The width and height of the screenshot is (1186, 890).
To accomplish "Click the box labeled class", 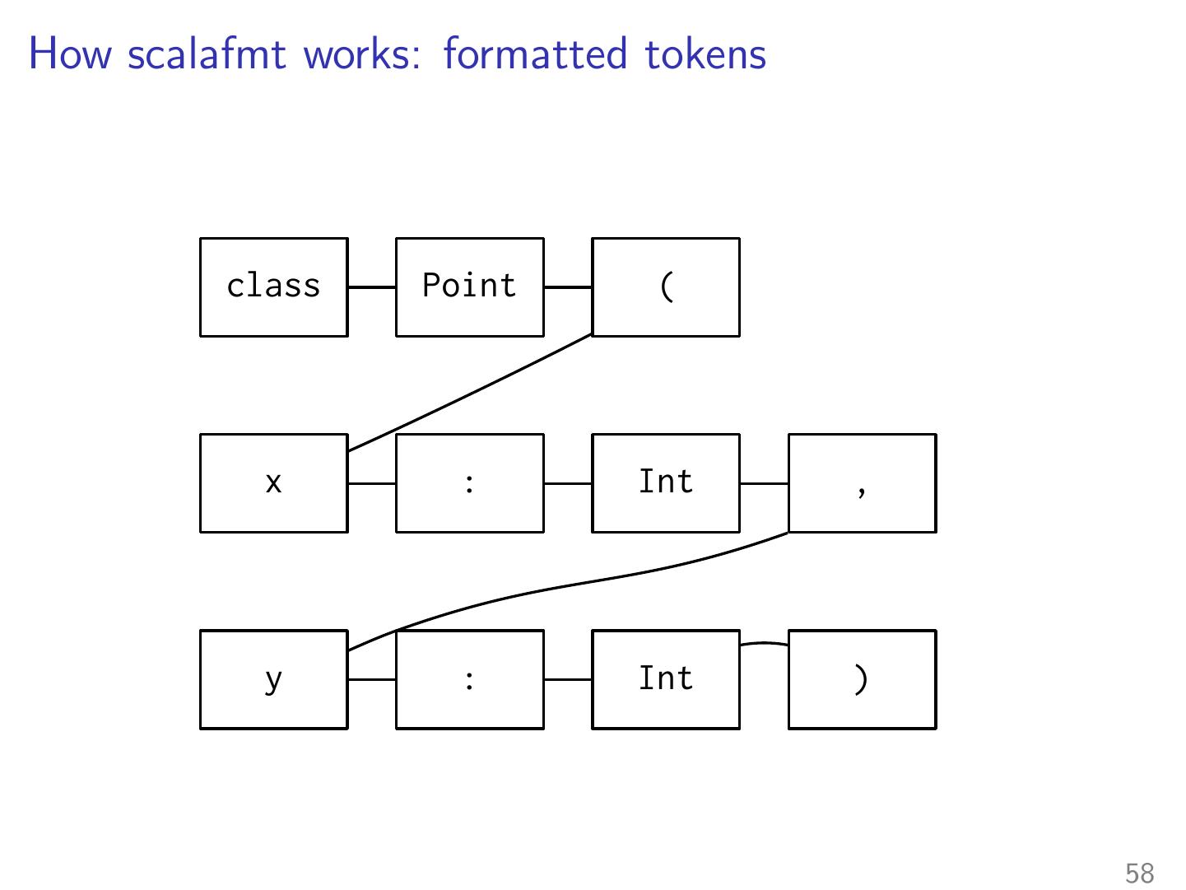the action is pos(274,287).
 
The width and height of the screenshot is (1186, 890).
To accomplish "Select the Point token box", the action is pos(469,287).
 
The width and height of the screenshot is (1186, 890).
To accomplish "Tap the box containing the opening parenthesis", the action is pos(666,287).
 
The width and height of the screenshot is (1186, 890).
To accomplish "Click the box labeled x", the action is pos(274,483).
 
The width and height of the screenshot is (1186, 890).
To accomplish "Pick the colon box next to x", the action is pos(469,483).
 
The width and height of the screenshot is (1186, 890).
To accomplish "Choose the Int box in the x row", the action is pos(666,483).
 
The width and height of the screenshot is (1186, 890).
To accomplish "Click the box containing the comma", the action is pos(863,483).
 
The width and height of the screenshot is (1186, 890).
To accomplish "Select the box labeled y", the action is pos(274,679).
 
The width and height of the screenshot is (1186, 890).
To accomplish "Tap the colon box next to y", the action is pos(469,679).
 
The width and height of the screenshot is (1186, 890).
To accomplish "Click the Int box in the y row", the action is pos(666,679).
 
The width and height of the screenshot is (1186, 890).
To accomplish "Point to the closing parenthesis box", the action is pos(863,679).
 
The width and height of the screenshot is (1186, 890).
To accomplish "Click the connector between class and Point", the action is pos(372,287).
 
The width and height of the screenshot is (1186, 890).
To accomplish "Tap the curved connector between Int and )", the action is pos(764,642).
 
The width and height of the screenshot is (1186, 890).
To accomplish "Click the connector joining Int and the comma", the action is pos(764,483).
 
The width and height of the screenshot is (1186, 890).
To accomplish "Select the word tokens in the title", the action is pos(705,54).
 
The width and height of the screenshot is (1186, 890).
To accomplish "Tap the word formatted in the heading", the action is pos(536,54).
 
